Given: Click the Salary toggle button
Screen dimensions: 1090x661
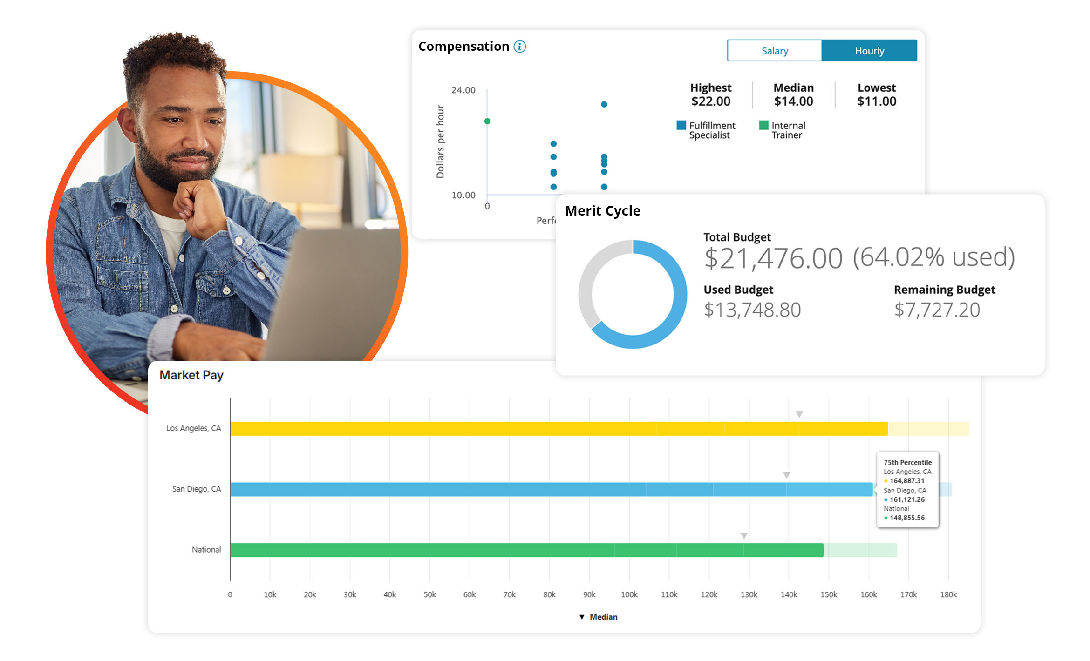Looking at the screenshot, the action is click(x=774, y=51).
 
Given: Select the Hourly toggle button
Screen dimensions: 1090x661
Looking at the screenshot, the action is click(x=869, y=51).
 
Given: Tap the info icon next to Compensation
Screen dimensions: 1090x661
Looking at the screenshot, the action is click(x=519, y=47).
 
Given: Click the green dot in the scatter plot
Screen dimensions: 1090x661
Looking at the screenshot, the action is click(x=487, y=121).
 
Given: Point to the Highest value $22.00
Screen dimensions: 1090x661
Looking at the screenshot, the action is click(x=711, y=101).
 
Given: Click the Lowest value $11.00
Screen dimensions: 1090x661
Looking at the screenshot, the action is click(x=877, y=101).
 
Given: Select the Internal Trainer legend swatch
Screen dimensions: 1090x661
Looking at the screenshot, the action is click(x=763, y=125).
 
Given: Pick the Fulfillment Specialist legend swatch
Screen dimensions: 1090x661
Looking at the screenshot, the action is click(x=681, y=125).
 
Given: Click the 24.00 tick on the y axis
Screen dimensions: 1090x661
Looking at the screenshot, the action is click(x=463, y=90).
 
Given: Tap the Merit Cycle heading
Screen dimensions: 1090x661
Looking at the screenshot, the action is click(x=602, y=211).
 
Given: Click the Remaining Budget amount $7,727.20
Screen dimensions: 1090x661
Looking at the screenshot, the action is click(x=937, y=310).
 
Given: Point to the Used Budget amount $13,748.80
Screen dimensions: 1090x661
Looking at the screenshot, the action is click(x=752, y=310).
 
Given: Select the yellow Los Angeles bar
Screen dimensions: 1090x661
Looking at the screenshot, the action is click(x=559, y=429).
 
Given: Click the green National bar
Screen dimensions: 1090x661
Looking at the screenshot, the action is click(x=527, y=550).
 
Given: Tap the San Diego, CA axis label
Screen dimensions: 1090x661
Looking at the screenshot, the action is click(x=197, y=489).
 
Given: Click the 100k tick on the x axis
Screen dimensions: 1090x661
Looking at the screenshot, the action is click(x=629, y=595).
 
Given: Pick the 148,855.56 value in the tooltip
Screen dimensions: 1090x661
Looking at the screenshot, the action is click(x=907, y=518).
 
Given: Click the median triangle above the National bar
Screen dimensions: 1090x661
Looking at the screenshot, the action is click(x=744, y=536).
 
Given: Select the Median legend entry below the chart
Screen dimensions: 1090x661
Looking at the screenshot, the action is click(x=598, y=617).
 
